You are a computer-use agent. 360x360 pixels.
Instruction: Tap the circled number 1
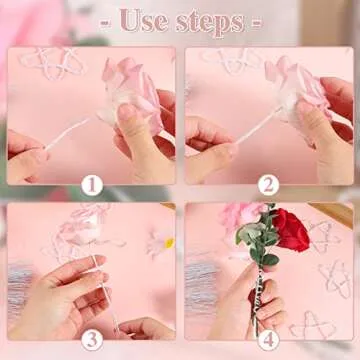92,185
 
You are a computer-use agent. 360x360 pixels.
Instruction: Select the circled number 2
268,185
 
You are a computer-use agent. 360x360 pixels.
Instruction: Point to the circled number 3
92,340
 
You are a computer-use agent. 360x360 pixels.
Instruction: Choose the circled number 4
268,340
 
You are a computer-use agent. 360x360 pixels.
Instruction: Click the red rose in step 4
291,230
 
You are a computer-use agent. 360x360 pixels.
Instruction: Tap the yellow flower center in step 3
170,243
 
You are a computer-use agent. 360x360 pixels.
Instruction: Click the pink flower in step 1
132,93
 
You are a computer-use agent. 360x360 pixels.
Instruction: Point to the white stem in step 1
68,133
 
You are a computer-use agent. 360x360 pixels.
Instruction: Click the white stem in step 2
258,126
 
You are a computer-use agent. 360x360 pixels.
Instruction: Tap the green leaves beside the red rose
257,237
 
